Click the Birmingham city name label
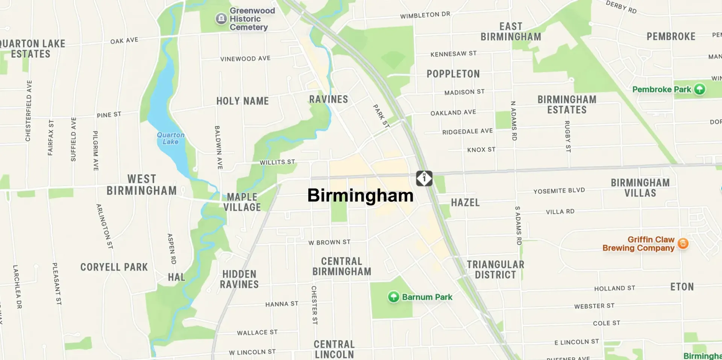(x=360, y=196)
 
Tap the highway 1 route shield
(x=424, y=178)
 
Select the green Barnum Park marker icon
(x=393, y=297)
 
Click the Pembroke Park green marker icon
(x=699, y=89)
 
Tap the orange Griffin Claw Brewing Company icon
(x=683, y=243)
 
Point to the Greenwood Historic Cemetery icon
(x=221, y=18)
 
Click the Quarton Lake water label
(x=171, y=138)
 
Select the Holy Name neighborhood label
(x=243, y=101)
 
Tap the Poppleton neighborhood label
(x=453, y=74)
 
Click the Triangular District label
(x=495, y=269)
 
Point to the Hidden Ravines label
(x=240, y=279)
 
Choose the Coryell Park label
(x=114, y=267)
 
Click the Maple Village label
(x=242, y=202)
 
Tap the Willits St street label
(x=277, y=162)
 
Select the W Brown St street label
(x=329, y=242)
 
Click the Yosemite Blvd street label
(x=559, y=191)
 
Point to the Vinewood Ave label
(x=245, y=59)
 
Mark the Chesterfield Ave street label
(x=29, y=111)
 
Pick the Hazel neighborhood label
(x=465, y=203)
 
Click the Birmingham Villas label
(x=640, y=188)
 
